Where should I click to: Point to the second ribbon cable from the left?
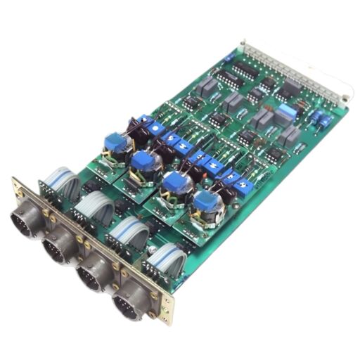click(x=94, y=208)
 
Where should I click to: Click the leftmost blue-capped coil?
click(x=115, y=142)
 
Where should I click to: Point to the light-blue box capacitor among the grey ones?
click(x=285, y=111)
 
